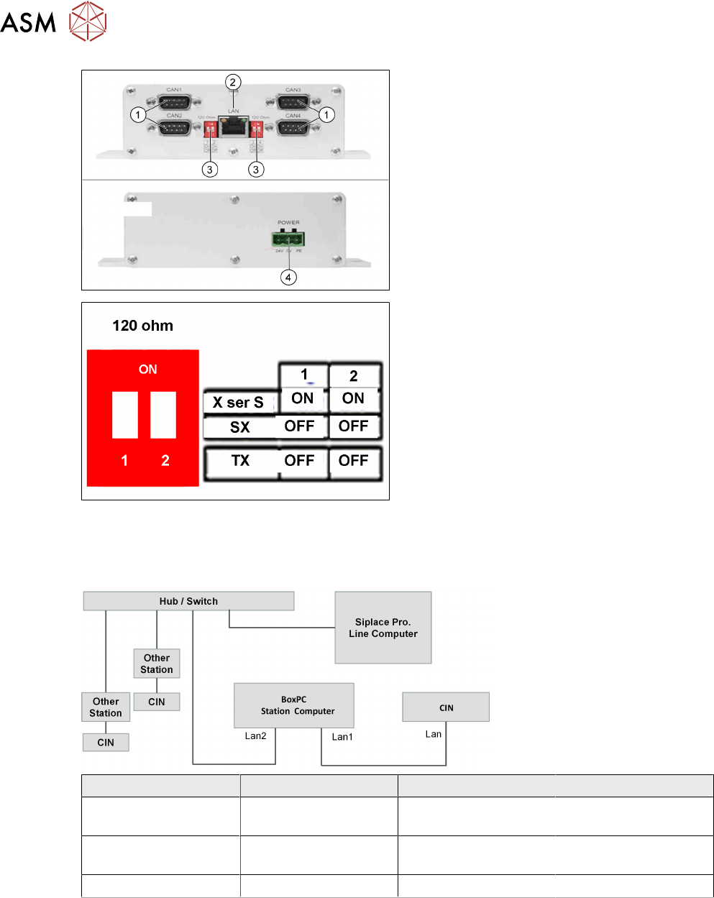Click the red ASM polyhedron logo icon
click(x=88, y=22)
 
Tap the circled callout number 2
click(x=232, y=82)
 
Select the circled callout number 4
click(x=288, y=277)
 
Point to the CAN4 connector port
click(x=293, y=127)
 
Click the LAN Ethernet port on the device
click(x=234, y=127)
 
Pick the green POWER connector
click(x=288, y=240)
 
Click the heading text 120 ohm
click(x=142, y=326)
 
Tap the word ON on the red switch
click(x=148, y=370)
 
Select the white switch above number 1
click(x=125, y=415)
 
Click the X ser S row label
click(x=238, y=403)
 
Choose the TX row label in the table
click(x=240, y=461)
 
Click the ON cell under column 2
click(x=353, y=398)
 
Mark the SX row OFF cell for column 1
click(x=299, y=426)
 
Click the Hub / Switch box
click(x=188, y=601)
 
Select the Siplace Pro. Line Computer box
click(x=383, y=628)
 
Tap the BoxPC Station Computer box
click(x=294, y=705)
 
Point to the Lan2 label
click(x=255, y=736)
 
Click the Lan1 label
click(x=342, y=737)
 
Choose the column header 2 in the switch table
click(x=353, y=376)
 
